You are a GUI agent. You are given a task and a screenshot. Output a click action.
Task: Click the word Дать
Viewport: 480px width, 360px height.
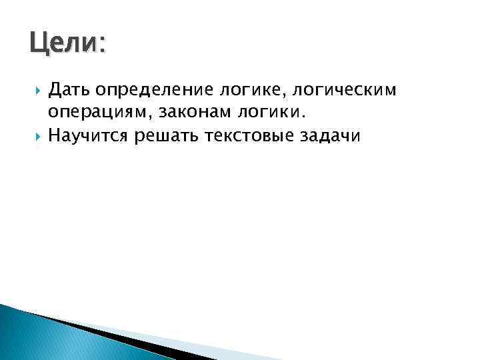(x=69, y=88)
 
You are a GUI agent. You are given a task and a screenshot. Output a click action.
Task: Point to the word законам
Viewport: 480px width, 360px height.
(x=184, y=112)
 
